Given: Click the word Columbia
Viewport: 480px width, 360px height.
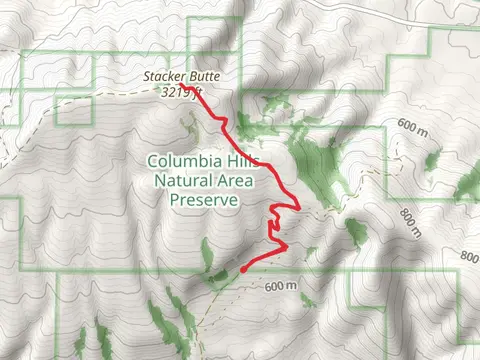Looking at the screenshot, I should (x=180, y=161).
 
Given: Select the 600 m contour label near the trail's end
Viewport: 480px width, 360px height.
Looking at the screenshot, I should (x=283, y=287).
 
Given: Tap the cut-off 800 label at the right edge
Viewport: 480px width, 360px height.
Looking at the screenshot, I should (x=470, y=257).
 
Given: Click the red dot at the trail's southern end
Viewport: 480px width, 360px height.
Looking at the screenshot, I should (x=243, y=268).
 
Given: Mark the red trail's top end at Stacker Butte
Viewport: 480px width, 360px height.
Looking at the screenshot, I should (x=196, y=91).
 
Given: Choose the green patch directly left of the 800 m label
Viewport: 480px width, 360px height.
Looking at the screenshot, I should (x=356, y=232).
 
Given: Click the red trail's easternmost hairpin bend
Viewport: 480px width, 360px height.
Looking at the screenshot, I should (x=300, y=206).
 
